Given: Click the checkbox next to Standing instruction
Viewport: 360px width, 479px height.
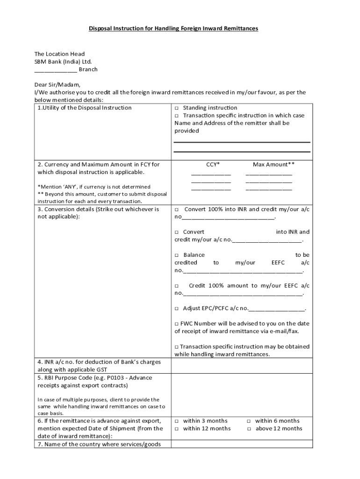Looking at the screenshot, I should [177, 108].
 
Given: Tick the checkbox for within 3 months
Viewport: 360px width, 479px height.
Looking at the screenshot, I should [177, 421].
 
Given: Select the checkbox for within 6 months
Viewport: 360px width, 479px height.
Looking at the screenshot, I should [249, 421].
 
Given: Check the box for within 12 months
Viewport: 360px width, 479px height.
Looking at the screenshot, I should [177, 429].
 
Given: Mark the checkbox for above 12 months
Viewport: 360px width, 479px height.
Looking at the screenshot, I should [249, 429].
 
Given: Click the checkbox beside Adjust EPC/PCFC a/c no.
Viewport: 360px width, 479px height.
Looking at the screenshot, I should [177, 309].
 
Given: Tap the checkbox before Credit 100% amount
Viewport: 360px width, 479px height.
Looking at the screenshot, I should [177, 286].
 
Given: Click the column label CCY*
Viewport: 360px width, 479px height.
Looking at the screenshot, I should [213, 164].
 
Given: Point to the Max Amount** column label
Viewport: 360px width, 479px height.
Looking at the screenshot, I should [274, 164].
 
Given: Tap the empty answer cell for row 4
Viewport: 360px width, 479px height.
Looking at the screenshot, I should [242, 366].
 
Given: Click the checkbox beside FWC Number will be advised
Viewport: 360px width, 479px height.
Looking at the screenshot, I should [177, 324].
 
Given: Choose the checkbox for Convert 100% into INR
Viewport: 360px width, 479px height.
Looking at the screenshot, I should [177, 210].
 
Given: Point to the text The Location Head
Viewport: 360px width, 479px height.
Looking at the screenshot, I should [59, 54].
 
